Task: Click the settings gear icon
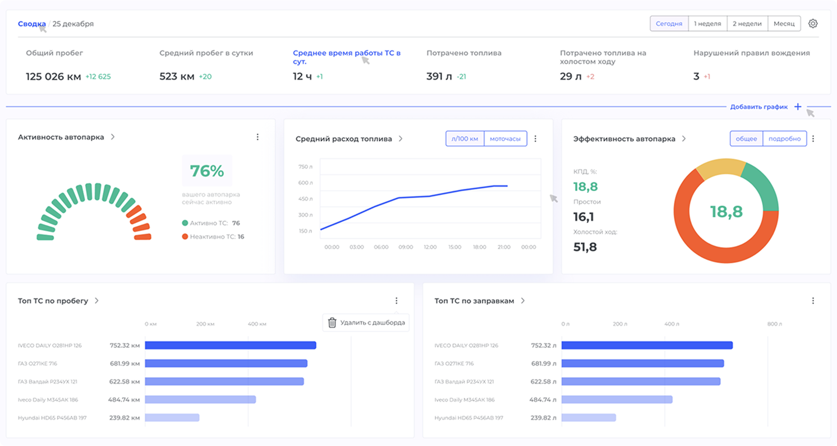[813, 24]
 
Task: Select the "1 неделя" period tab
[707, 24]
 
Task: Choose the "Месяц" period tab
[784, 24]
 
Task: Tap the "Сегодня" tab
[669, 24]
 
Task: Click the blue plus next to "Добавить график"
[798, 106]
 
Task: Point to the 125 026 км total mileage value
[53, 76]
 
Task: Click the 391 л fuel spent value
[438, 76]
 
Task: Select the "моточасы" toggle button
[505, 138]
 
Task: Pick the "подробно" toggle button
[784, 138]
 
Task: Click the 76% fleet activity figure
[206, 171]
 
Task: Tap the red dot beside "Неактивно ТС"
[185, 236]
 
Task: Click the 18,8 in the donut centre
[726, 211]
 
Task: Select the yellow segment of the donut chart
[719, 169]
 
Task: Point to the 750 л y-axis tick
[306, 166]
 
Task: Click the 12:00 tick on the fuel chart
[430, 247]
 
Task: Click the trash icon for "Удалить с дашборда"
[332, 322]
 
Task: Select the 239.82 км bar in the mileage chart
[172, 417]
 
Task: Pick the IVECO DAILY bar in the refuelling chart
[647, 345]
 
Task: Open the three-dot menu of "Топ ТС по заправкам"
[813, 301]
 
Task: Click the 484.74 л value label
[543, 399]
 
